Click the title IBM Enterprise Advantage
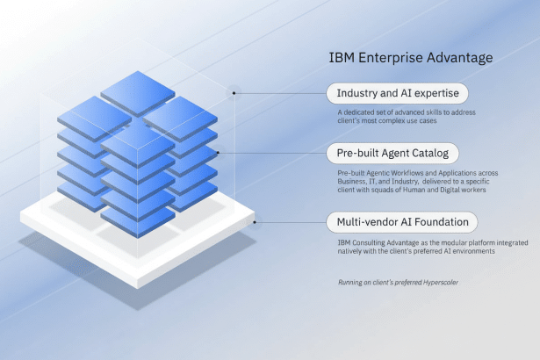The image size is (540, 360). [410, 58]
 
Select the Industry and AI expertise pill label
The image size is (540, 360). [397, 93]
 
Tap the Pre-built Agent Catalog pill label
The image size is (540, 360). [392, 154]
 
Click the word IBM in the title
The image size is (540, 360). [341, 58]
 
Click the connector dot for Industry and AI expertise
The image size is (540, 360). [234, 91]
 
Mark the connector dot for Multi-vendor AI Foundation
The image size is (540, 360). [256, 221]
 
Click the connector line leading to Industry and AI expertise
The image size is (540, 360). [281, 91]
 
